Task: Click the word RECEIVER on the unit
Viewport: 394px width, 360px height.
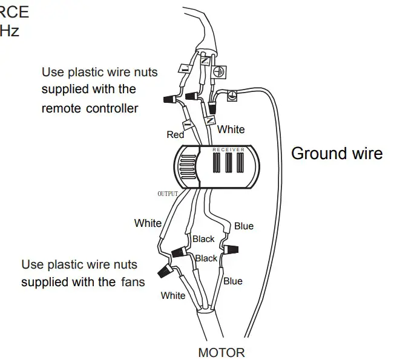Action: click(x=228, y=148)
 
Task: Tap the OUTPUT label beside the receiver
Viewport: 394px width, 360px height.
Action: click(x=168, y=194)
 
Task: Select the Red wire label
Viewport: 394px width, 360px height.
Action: click(x=176, y=134)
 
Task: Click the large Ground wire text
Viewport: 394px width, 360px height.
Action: click(x=337, y=153)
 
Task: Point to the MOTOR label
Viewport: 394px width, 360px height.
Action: click(x=222, y=352)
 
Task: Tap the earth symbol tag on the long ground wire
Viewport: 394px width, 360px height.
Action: click(x=231, y=95)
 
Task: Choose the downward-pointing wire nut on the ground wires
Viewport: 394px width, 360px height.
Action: click(x=212, y=107)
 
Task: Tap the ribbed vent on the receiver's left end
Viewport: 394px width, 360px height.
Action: click(x=187, y=166)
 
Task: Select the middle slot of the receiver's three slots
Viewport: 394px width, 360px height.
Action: click(x=228, y=164)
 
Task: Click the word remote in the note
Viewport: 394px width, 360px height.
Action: click(x=64, y=108)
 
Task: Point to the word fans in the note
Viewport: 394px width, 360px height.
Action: click(x=132, y=281)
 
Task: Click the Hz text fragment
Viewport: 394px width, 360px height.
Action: click(x=10, y=31)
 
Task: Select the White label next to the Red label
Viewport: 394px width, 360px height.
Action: click(x=231, y=129)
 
